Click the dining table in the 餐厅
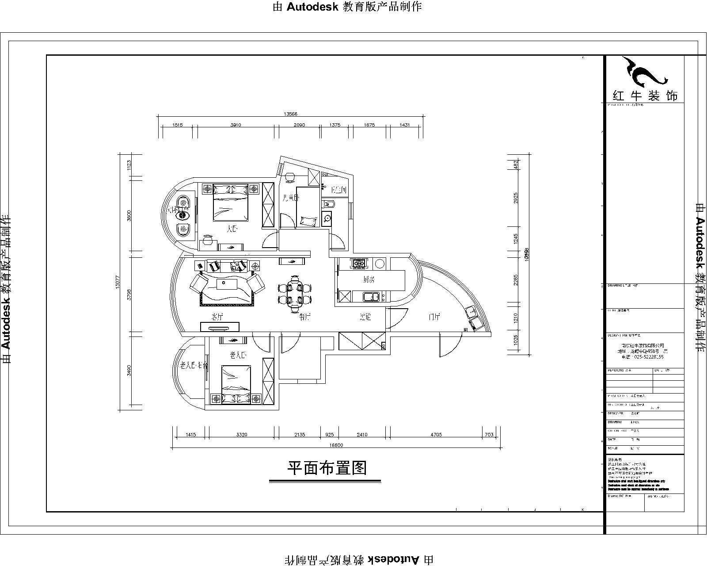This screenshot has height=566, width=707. point(295,292)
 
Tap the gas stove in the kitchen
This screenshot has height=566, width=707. point(358,264)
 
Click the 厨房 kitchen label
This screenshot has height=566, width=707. point(369,280)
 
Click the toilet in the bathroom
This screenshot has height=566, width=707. point(329,204)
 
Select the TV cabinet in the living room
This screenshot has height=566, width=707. point(220,327)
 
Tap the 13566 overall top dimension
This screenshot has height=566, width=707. point(290,114)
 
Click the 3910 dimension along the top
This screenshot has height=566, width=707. point(236,125)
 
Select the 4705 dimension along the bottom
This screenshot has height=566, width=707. point(436,435)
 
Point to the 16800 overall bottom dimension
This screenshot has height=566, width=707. point(337,445)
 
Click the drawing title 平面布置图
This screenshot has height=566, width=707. point(327,467)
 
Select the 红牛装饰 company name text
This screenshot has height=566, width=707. point(645,96)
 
